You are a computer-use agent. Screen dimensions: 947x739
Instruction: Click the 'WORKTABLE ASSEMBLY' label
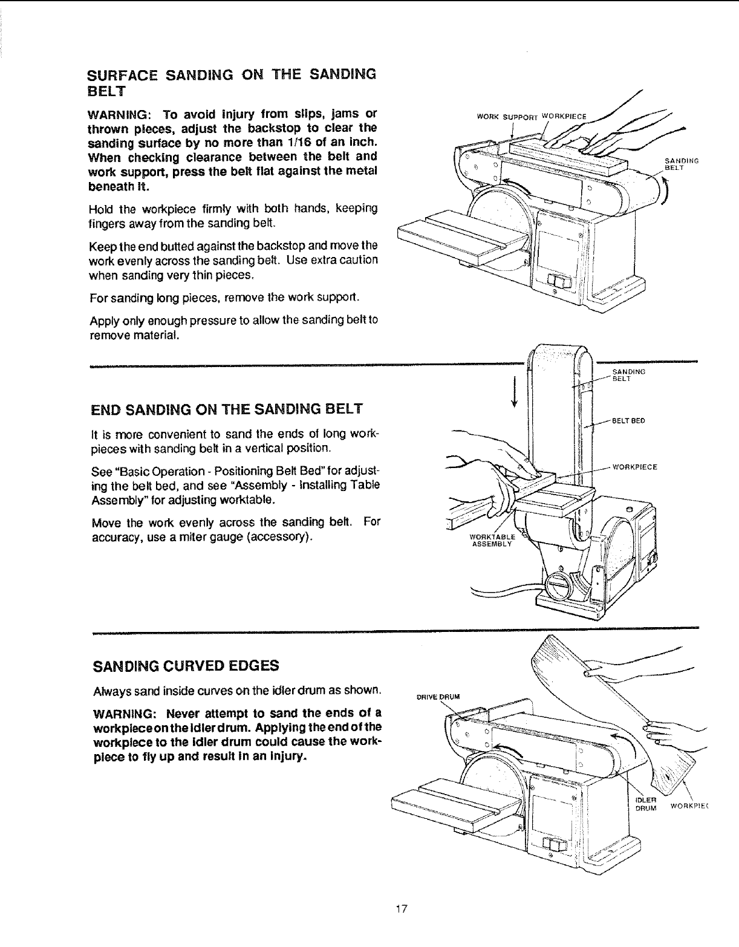tap(492, 540)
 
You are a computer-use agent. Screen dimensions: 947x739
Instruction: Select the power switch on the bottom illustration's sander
tap(555, 845)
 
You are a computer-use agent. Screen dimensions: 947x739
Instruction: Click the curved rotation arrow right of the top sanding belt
tap(666, 195)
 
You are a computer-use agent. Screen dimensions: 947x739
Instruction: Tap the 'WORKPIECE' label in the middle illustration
tap(634, 467)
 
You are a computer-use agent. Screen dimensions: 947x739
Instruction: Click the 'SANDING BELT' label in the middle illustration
tap(628, 375)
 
